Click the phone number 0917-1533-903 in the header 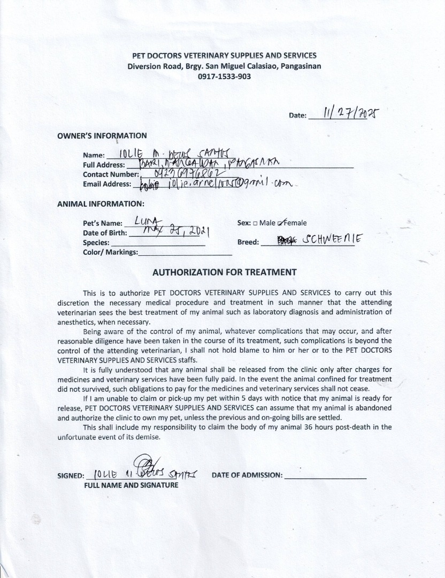pos(224,76)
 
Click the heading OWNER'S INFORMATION pos(102,136)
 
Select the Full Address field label pos(104,165)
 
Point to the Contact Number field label pos(111,174)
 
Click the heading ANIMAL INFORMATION pos(101,204)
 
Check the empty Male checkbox pos(255,223)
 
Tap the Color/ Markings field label pos(110,252)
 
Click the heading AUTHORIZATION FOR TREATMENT pos(224,272)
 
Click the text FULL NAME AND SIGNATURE pos(131,485)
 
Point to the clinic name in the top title pos(224,56)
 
